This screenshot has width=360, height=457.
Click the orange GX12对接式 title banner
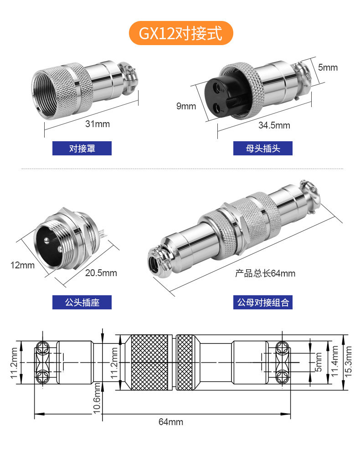coord(181,33)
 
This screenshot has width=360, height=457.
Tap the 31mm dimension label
coord(98,124)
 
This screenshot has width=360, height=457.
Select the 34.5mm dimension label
coord(274,125)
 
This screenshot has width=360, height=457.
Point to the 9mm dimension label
coord(186,106)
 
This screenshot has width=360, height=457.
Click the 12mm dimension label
coord(22,265)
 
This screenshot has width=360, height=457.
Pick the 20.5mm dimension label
coord(101,273)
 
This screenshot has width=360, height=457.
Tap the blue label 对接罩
coord(82,149)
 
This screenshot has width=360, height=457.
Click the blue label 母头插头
coord(262,149)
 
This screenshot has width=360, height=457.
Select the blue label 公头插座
coord(82,302)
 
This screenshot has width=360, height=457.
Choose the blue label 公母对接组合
coord(262,302)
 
